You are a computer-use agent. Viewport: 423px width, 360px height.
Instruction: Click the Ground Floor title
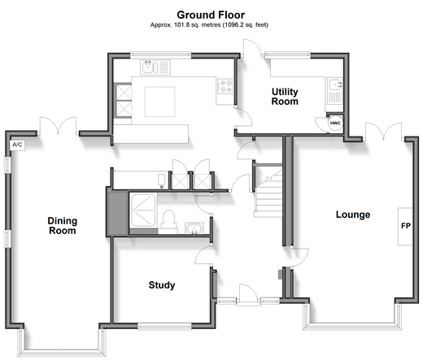click(x=211, y=15)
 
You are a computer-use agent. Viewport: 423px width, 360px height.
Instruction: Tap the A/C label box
click(x=18, y=145)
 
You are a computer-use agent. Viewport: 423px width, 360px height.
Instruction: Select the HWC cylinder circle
click(x=335, y=124)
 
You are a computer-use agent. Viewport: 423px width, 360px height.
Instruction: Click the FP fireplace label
click(x=406, y=226)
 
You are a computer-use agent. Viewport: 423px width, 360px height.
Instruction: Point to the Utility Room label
click(x=285, y=97)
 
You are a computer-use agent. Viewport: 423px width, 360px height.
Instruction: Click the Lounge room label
click(x=353, y=215)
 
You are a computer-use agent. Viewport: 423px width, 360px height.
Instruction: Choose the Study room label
click(x=162, y=285)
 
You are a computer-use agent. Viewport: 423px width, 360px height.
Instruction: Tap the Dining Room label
click(x=63, y=226)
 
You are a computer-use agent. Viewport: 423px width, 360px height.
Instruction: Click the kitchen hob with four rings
click(x=225, y=86)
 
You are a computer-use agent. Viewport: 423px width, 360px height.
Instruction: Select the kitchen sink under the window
click(x=155, y=67)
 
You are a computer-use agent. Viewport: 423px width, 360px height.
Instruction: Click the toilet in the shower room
click(x=168, y=222)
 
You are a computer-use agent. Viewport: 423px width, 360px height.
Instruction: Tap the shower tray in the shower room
click(x=143, y=210)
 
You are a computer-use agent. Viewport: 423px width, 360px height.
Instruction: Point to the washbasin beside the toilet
click(x=194, y=228)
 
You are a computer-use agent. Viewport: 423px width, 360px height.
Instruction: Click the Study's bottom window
click(x=164, y=326)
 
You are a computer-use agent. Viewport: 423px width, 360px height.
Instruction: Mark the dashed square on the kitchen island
click(x=159, y=102)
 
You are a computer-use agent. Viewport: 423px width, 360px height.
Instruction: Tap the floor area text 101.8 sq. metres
click(x=197, y=25)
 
